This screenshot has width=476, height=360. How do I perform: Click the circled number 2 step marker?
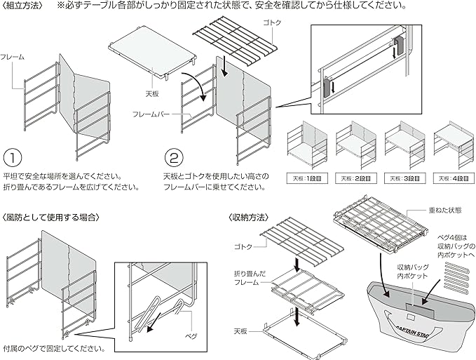point(175,155)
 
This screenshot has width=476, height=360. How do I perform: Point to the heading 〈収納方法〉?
point(250,218)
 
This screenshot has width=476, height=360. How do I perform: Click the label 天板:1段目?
point(306,178)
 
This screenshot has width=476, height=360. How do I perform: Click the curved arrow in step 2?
point(200,89)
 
